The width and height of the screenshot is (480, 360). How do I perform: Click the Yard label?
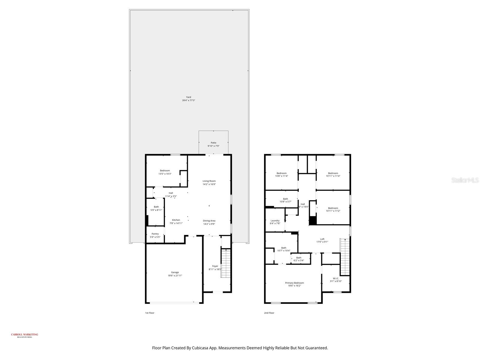pyautogui.click(x=188, y=97)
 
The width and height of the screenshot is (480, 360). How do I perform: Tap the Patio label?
pyautogui.click(x=213, y=143)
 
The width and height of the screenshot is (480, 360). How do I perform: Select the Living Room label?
pyautogui.click(x=209, y=181)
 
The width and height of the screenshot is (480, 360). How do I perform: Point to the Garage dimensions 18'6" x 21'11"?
pyautogui.click(x=175, y=276)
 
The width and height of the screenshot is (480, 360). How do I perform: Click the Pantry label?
pyautogui.click(x=155, y=234)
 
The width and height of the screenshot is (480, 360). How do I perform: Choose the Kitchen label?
pyautogui.click(x=176, y=220)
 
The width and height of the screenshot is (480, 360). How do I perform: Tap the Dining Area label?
pyautogui.click(x=209, y=221)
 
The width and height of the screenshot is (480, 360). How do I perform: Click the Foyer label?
pyautogui.click(x=215, y=266)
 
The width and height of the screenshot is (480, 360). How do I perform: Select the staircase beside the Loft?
pyautogui.click(x=345, y=256)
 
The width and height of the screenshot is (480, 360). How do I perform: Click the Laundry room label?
pyautogui.click(x=275, y=220)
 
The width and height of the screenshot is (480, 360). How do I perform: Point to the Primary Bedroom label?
pyautogui.click(x=294, y=283)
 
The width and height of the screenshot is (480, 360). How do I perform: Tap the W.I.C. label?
pyautogui.click(x=336, y=278)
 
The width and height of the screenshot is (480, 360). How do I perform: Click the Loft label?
pyautogui.click(x=322, y=239)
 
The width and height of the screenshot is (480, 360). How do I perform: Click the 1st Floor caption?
pyautogui.click(x=150, y=313)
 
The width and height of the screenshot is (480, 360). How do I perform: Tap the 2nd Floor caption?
pyautogui.click(x=269, y=313)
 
